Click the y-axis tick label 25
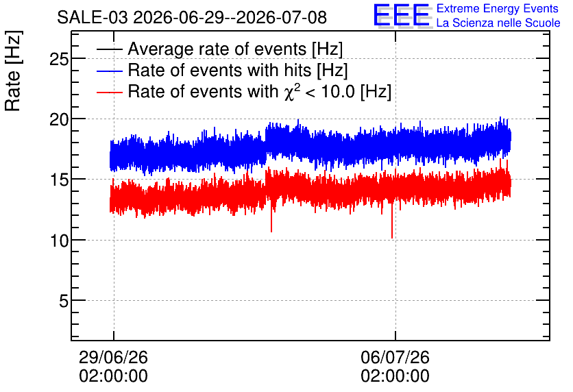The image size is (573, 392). pyautogui.click(x=59, y=59)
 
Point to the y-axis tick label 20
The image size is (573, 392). pyautogui.click(x=59, y=119)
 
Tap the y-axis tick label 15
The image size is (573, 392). pyautogui.click(x=59, y=180)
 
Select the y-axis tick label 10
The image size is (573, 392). pyautogui.click(x=59, y=241)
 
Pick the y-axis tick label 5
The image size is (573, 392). pyautogui.click(x=64, y=301)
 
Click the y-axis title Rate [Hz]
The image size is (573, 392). pyautogui.click(x=13, y=71)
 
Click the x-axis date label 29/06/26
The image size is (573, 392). pyautogui.click(x=113, y=357)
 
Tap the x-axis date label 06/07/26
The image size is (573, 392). pyautogui.click(x=395, y=357)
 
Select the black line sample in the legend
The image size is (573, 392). pyautogui.click(x=109, y=49)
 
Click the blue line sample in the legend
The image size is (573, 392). pyautogui.click(x=109, y=71)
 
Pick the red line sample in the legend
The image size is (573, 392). pyautogui.click(x=109, y=92)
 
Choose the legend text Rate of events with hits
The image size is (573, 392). pyautogui.click(x=219, y=70)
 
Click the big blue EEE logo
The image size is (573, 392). pyautogui.click(x=402, y=15)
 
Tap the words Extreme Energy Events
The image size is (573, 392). pyautogui.click(x=498, y=8)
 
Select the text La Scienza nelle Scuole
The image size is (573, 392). pyautogui.click(x=498, y=23)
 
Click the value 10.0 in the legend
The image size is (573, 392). pyautogui.click(x=338, y=91)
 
